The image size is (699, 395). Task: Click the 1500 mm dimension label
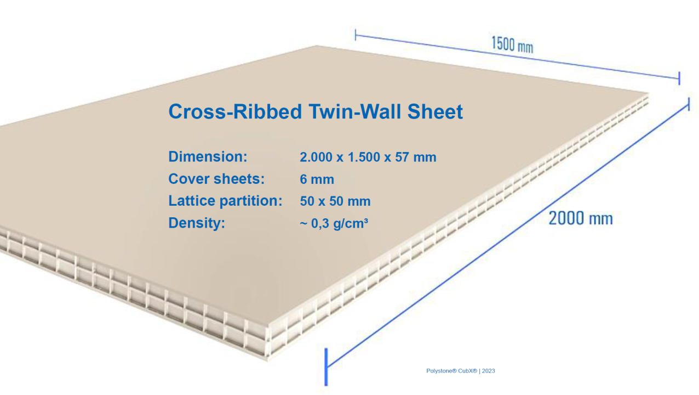(x=512, y=44)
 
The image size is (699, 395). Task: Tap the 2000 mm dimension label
(x=581, y=218)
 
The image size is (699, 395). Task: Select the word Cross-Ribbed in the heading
(x=235, y=111)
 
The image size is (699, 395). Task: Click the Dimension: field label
(x=208, y=157)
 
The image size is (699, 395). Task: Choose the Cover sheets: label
(x=216, y=179)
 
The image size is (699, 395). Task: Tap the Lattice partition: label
(x=225, y=201)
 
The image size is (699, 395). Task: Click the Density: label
(x=197, y=223)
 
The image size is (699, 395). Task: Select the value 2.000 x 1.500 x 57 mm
(x=368, y=157)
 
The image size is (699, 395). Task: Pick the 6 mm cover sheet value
(x=317, y=179)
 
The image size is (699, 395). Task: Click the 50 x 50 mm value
(x=335, y=201)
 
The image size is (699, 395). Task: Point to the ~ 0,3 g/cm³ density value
(x=334, y=223)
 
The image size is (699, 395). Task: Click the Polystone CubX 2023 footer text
(x=461, y=371)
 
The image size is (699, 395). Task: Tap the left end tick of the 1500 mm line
(x=356, y=35)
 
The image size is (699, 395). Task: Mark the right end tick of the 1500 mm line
(x=679, y=78)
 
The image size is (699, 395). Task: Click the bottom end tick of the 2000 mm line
(x=326, y=366)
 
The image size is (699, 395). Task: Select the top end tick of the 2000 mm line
(x=689, y=104)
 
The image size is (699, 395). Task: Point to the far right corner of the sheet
(x=648, y=94)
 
